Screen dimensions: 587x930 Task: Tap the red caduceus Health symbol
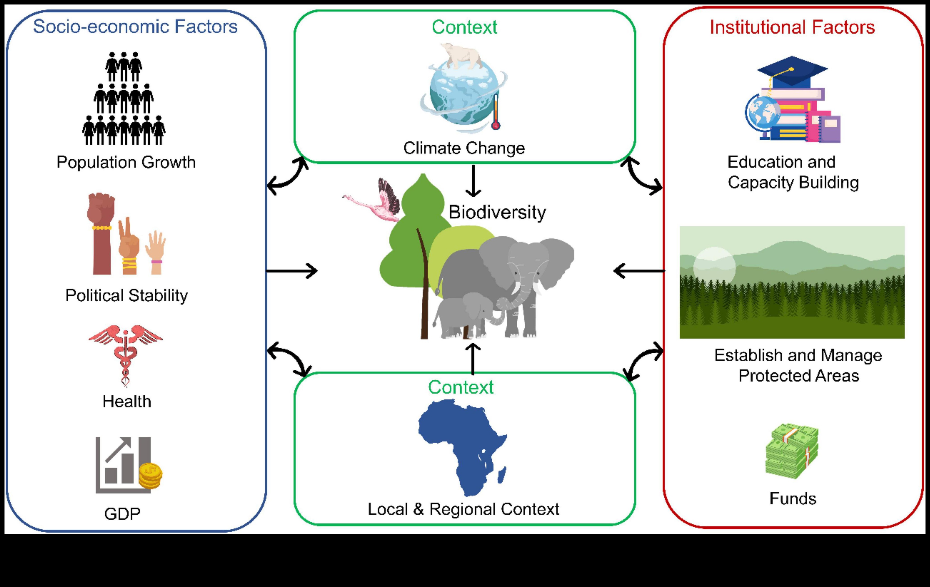pos(125,353)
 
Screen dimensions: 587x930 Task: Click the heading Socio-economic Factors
pos(135,27)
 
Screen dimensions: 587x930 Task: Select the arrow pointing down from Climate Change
pos(473,181)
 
